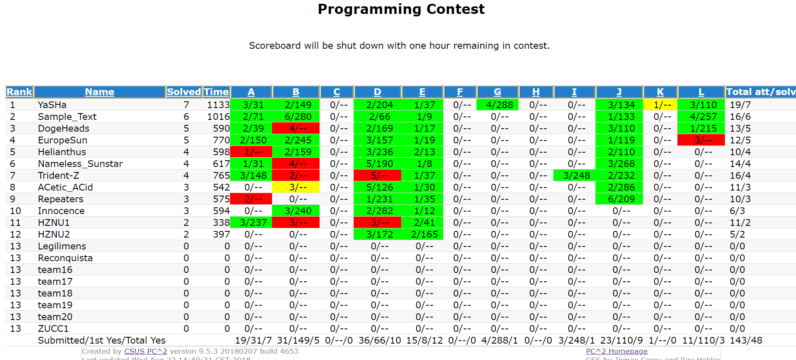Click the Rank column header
(x=19, y=92)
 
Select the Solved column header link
(x=184, y=92)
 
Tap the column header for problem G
(x=497, y=92)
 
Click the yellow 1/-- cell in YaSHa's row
(x=660, y=105)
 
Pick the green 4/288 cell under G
(x=497, y=105)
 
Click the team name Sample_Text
(x=67, y=116)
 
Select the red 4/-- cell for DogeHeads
(x=296, y=128)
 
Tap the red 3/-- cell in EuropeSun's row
(x=701, y=140)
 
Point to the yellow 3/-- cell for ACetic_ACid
(x=296, y=187)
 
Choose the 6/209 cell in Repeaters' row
(x=619, y=199)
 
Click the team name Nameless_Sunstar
(x=80, y=164)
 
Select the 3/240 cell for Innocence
(x=296, y=211)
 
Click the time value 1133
(x=218, y=105)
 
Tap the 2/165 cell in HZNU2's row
(x=422, y=234)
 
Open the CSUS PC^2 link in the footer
(x=145, y=351)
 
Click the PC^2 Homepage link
(x=616, y=351)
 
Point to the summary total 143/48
(x=746, y=340)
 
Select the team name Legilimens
(x=62, y=246)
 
